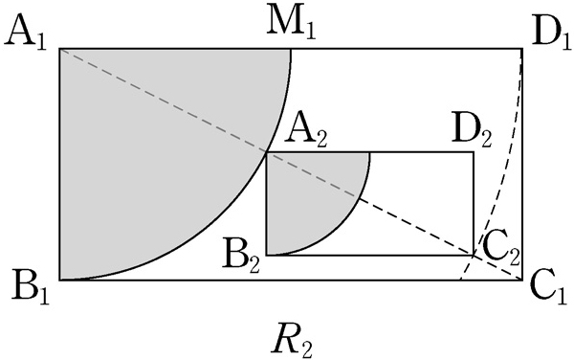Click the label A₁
(25, 34)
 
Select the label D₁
(551, 34)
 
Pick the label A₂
(305, 133)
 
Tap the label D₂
(472, 133)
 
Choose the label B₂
(242, 259)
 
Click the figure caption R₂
(292, 343)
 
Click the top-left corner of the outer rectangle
(60, 48)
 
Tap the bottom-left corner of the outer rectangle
(60, 280)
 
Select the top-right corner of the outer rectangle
(522, 48)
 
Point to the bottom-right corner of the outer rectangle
(522, 280)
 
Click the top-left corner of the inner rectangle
(267, 152)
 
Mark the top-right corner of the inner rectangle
(474, 152)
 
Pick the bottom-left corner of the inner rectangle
(267, 255)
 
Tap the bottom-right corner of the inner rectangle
(474, 255)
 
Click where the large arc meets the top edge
(291, 48)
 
